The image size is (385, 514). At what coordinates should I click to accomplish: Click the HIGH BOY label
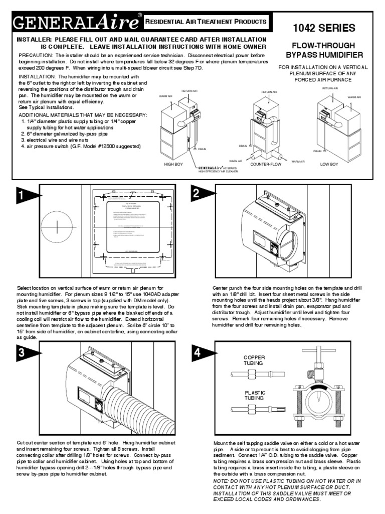(x=174, y=164)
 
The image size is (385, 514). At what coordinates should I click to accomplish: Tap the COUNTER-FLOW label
(x=267, y=164)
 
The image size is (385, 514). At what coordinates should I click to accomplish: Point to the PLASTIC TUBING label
(x=255, y=395)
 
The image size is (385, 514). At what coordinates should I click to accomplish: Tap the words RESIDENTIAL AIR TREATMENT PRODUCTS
(x=205, y=22)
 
